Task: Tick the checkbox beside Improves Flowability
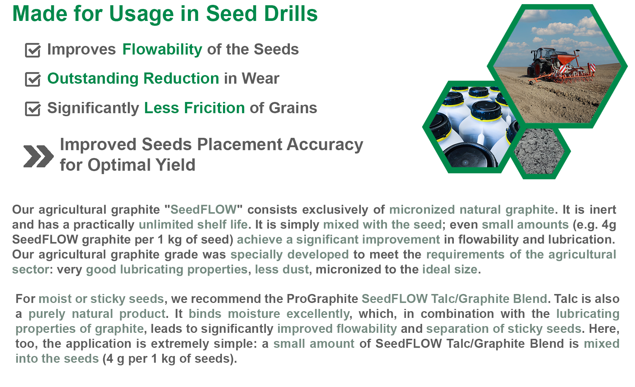[x=33, y=50]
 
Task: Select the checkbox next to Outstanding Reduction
[x=33, y=79]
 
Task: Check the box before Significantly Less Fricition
[x=33, y=109]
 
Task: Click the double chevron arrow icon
[x=38, y=156]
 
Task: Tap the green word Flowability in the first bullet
[x=162, y=50]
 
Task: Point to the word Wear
[x=260, y=78]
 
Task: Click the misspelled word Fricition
[x=214, y=108]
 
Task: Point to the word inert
[x=603, y=210]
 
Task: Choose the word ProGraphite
[x=322, y=299]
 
